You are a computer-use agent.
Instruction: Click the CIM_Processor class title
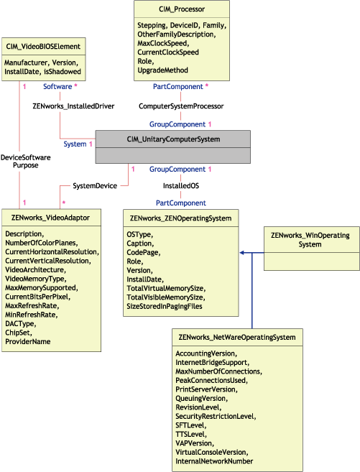[x=182, y=9]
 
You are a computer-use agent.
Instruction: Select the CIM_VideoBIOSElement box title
[x=42, y=45]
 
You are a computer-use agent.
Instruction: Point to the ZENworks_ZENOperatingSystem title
[x=180, y=216]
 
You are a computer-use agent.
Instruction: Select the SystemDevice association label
[x=95, y=185]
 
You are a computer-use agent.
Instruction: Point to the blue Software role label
[x=57, y=86]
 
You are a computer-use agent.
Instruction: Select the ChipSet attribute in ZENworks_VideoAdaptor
[x=19, y=333]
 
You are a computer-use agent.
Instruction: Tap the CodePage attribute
[x=144, y=253]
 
